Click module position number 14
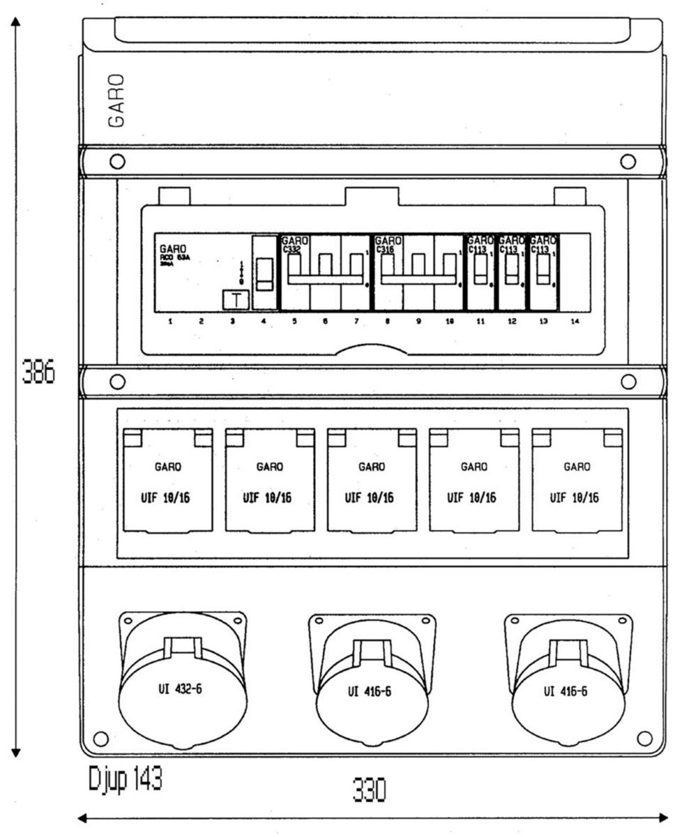coord(575,322)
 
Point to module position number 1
coord(170,322)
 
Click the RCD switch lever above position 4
coord(265,274)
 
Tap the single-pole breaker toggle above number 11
coord(480,271)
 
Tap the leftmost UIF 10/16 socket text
coord(167,498)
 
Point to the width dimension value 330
coord(370,791)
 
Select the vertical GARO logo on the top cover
coord(118,100)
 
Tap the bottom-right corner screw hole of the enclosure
coord(645,738)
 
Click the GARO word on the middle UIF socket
coord(372,467)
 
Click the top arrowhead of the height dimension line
coord(15,20)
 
